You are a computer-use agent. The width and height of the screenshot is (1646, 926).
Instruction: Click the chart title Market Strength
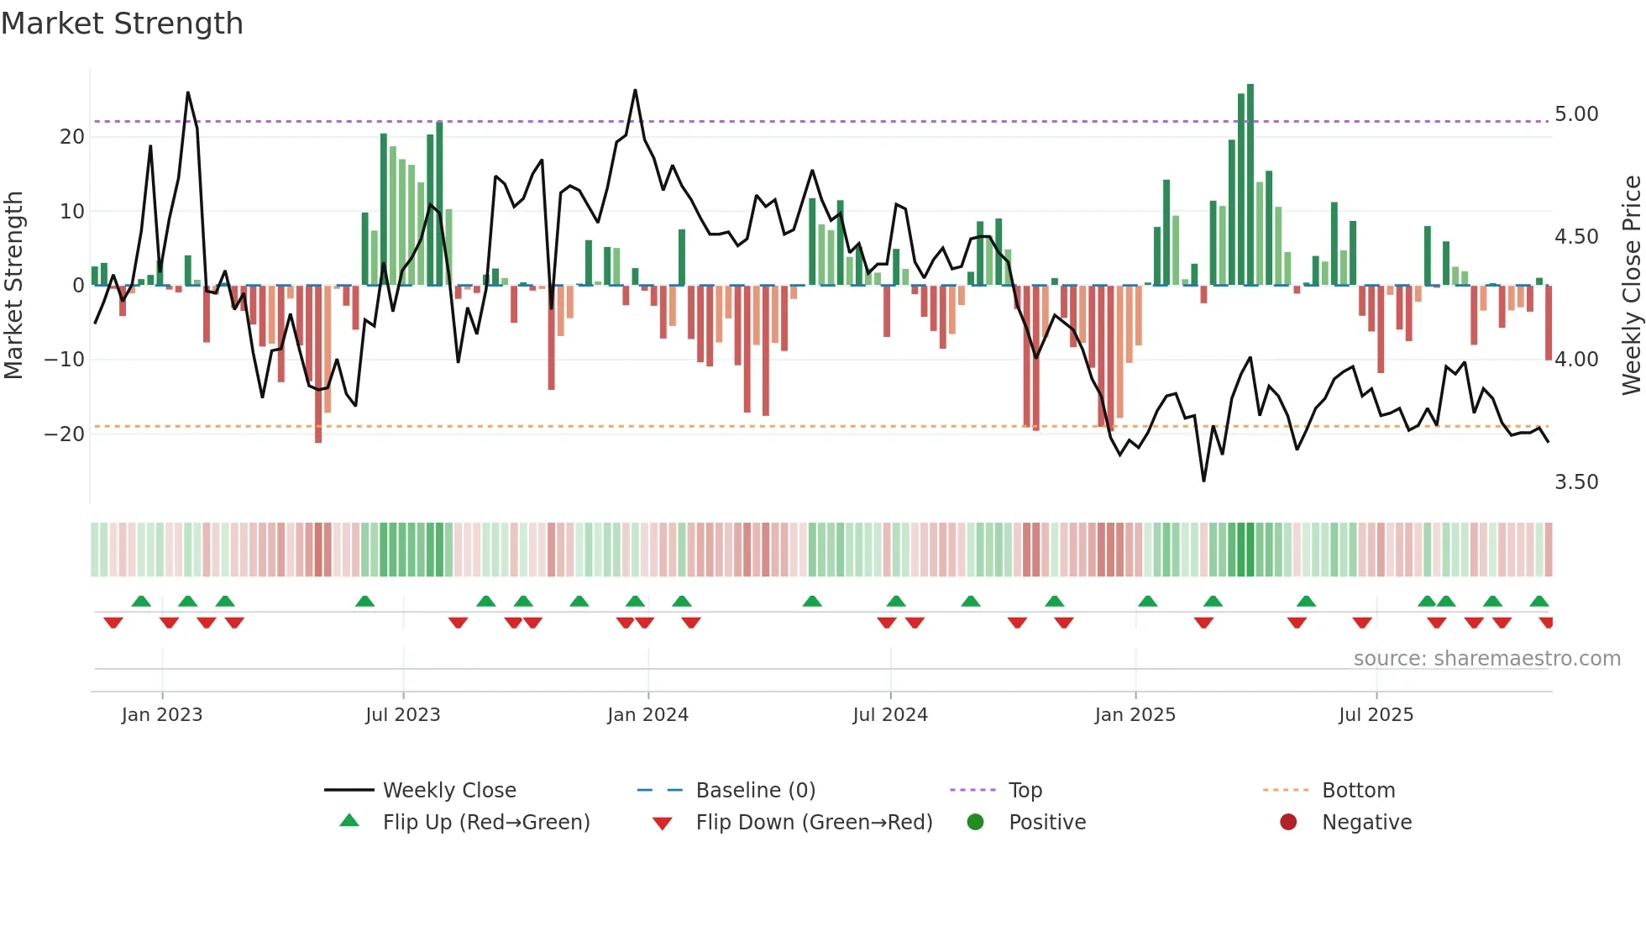point(123,24)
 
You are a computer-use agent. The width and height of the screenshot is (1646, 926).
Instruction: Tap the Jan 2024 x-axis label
point(647,714)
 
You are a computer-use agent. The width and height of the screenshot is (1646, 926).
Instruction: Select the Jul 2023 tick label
point(402,714)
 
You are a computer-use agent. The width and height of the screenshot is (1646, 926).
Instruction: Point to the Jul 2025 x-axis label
point(1376,714)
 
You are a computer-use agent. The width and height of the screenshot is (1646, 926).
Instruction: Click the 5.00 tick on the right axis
point(1576,114)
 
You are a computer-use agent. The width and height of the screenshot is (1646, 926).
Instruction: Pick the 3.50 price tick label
point(1576,482)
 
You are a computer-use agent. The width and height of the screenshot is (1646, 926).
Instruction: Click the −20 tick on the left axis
point(65,434)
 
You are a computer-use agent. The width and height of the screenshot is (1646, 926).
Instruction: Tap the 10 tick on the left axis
point(72,212)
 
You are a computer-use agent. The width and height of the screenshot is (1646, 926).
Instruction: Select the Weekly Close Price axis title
point(1631,286)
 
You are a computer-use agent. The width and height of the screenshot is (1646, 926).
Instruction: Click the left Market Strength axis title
point(13,286)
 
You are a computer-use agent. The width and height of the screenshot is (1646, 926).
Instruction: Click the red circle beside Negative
point(1288,822)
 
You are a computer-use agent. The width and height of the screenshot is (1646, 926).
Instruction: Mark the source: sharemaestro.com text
point(1486,659)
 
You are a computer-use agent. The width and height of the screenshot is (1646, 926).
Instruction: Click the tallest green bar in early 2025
point(1250,185)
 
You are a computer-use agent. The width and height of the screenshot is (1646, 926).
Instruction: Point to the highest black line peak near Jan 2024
point(635,91)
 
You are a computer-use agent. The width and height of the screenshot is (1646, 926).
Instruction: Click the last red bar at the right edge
point(1549,324)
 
